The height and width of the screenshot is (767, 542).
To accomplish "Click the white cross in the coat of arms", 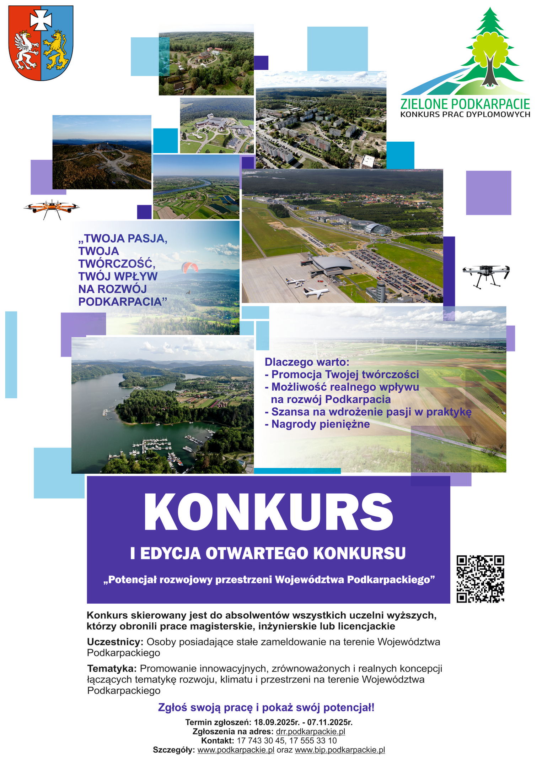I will click(41, 20).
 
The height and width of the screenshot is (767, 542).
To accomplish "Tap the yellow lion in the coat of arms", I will click(56, 50).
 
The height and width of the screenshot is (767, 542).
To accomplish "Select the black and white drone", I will click(486, 274).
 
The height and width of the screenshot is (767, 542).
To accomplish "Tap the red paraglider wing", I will click(190, 267).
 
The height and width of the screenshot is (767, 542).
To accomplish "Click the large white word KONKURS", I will click(268, 512).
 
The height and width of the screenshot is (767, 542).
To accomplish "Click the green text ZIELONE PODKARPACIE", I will click(465, 104).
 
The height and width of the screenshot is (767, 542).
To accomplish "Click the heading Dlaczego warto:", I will click(307, 362).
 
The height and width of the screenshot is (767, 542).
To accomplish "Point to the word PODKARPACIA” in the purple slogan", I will click(123, 302).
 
